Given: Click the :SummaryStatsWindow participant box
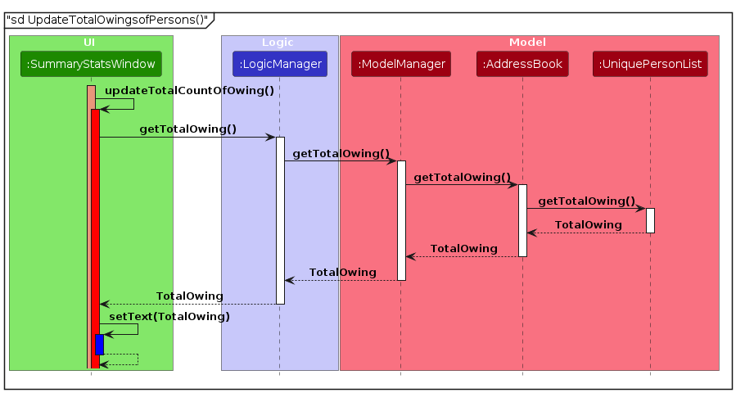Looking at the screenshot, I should pyautogui.click(x=91, y=63).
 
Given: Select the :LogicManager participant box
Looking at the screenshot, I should pyautogui.click(x=279, y=63).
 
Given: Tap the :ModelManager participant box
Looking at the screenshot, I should pyautogui.click(x=400, y=63).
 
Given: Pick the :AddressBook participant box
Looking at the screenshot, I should pyautogui.click(x=522, y=63).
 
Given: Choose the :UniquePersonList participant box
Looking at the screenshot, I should pyautogui.click(x=650, y=63).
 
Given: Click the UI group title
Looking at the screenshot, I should pyautogui.click(x=91, y=42).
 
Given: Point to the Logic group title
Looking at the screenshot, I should pyautogui.click(x=279, y=42).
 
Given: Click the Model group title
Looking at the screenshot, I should pyautogui.click(x=528, y=42).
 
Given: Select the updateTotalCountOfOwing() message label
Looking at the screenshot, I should pyautogui.click(x=189, y=90).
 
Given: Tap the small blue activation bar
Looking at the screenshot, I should pyautogui.click(x=99, y=344).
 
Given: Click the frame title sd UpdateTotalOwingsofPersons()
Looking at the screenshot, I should pyautogui.click(x=107, y=19).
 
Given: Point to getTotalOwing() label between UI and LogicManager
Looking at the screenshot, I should pyautogui.click(x=187, y=129).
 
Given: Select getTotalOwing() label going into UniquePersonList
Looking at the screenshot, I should pyautogui.click(x=586, y=201).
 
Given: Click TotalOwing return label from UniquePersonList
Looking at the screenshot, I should pyautogui.click(x=588, y=224).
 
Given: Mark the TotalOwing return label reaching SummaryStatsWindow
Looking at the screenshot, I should pyautogui.click(x=189, y=296).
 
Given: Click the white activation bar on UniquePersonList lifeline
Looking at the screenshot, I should pyautogui.click(x=650, y=220).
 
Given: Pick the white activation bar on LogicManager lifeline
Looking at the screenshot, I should pyautogui.click(x=280, y=219).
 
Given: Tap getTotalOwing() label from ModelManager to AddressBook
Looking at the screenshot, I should pyautogui.click(x=462, y=177).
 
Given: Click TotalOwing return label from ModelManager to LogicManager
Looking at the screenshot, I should pyautogui.click(x=342, y=272).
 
